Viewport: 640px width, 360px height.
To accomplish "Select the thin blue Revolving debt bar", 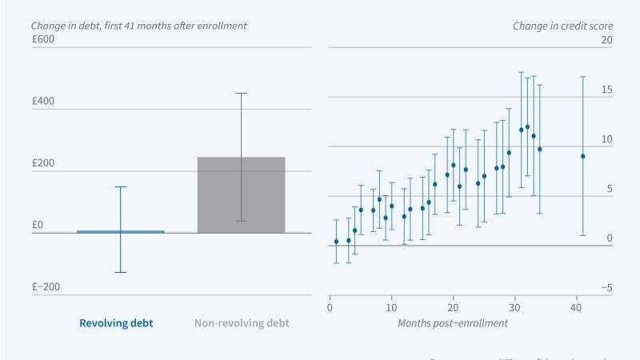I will [120, 232].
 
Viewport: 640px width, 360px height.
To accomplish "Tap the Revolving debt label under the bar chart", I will [115, 324].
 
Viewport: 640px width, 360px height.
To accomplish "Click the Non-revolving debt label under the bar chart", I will [242, 324].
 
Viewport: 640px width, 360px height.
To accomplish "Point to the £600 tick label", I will [43, 40].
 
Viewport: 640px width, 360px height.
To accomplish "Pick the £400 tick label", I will [43, 102].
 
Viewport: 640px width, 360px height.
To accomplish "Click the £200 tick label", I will [43, 163].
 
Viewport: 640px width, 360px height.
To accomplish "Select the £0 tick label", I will [38, 225].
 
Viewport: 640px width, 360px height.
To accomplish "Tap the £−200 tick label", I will [45, 286].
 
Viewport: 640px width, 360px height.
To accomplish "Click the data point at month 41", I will [582, 156].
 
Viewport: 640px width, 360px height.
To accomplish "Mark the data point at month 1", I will [336, 242].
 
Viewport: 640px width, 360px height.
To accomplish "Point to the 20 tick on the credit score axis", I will [606, 40].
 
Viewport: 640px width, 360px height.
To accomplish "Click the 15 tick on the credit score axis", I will [606, 90].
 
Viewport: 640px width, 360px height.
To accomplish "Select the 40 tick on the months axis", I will [576, 306].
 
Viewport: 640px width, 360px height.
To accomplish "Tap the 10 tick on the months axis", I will [391, 306].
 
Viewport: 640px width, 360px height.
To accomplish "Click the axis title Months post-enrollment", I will [452, 323].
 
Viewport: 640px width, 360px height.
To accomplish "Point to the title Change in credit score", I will [562, 26].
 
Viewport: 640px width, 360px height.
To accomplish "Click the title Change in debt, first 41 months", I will [138, 26].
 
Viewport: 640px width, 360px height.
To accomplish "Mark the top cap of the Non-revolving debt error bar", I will [241, 94].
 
